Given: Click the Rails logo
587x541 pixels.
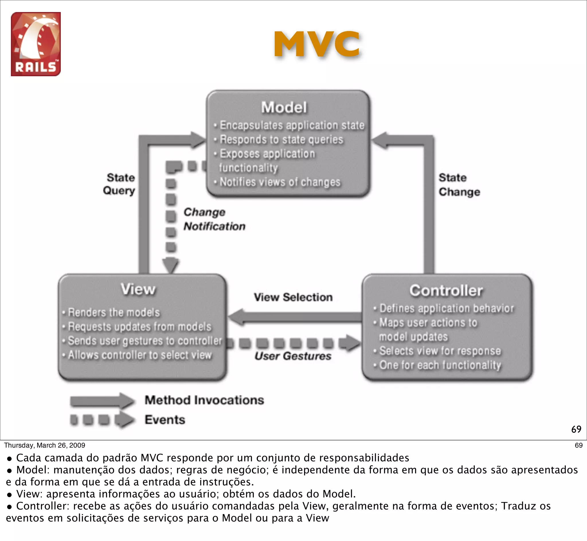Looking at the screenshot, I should point(36,44).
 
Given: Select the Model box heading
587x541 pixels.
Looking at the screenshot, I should point(284,107).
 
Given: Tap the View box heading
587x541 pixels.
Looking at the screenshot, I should point(138,289).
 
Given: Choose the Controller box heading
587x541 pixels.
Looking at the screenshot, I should point(446,291).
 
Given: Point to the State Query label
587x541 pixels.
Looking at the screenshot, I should point(120,184).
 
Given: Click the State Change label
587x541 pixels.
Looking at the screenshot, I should point(459,185).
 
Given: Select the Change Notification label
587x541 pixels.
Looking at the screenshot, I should point(214,219).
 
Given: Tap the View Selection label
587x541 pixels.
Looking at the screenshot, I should point(293,297).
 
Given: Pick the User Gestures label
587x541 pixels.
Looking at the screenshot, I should point(293,356).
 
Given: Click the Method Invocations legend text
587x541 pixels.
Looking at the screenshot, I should point(204,400).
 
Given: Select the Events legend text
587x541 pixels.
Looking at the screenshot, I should point(165,420).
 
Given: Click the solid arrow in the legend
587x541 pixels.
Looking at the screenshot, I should point(102,401).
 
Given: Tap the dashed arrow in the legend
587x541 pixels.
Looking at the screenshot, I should point(102,420).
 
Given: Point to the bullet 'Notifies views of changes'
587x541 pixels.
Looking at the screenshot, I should point(280,182).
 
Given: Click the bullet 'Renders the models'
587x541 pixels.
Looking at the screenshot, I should point(114,312).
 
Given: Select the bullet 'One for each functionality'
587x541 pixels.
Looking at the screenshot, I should point(440,365).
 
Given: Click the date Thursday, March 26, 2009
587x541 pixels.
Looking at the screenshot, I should point(44,445).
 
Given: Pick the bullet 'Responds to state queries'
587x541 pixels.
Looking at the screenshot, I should point(281,139).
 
